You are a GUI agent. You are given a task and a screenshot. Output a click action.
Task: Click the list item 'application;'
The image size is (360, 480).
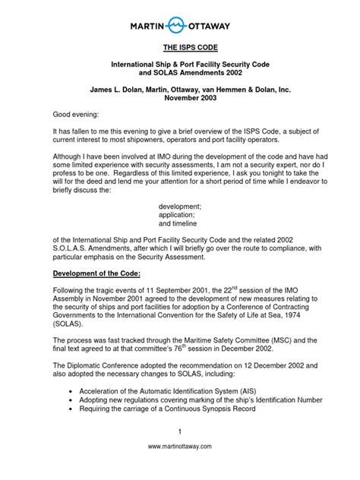point(178,216)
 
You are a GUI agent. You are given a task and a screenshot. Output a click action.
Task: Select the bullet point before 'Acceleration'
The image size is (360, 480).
point(70,390)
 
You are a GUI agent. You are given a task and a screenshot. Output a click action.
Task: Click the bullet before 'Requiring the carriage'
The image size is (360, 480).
point(70,409)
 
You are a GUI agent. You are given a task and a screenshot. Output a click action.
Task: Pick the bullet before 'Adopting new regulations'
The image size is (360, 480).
point(70,399)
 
